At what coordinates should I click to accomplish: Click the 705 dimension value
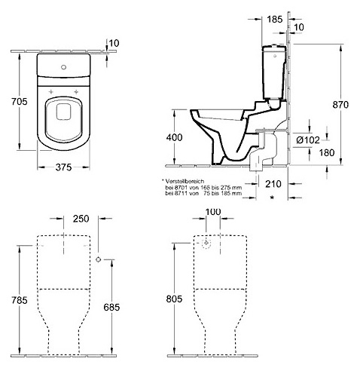(19, 102)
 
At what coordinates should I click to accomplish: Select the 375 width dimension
(63, 167)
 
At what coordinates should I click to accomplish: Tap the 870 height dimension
(340, 105)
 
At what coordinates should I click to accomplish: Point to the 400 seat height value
(174, 137)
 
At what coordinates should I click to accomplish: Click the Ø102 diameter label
(308, 140)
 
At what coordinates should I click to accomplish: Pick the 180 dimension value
(327, 152)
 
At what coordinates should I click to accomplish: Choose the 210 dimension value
(273, 184)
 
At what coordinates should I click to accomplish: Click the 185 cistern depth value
(274, 19)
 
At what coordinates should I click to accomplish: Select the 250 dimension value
(81, 219)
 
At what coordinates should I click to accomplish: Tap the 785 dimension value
(19, 300)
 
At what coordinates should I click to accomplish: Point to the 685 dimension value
(111, 307)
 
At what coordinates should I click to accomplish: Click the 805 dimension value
(174, 299)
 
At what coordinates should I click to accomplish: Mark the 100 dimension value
(213, 212)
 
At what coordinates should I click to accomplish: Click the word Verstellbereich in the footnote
(185, 181)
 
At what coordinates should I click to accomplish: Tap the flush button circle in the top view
(63, 67)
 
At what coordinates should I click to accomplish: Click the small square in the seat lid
(64, 112)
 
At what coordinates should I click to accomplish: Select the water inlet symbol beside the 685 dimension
(99, 259)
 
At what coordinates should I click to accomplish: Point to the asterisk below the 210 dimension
(272, 198)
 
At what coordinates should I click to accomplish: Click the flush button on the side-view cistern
(275, 56)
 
